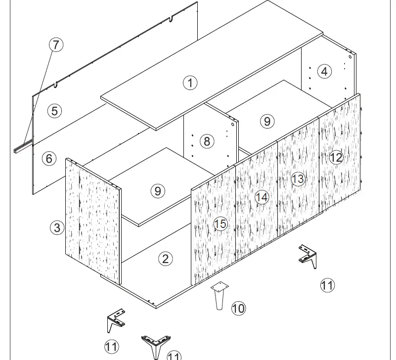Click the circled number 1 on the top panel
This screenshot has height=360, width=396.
[190, 83]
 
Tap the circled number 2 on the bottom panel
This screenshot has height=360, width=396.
[165, 258]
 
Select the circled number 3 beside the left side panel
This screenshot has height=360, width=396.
[58, 227]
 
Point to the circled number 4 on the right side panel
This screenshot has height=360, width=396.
[324, 71]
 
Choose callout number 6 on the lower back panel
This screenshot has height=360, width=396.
[48, 159]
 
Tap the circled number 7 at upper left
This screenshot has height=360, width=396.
[56, 45]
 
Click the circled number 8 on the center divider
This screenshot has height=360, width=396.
[207, 141]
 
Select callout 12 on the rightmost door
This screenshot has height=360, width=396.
[336, 157]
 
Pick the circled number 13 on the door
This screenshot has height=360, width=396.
[298, 179]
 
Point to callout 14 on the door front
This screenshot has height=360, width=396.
[262, 197]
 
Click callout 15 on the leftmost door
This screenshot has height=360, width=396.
[220, 224]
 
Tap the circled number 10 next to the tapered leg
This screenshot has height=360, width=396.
[238, 309]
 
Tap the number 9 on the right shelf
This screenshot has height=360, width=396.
[267, 121]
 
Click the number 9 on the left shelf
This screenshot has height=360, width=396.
[157, 190]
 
